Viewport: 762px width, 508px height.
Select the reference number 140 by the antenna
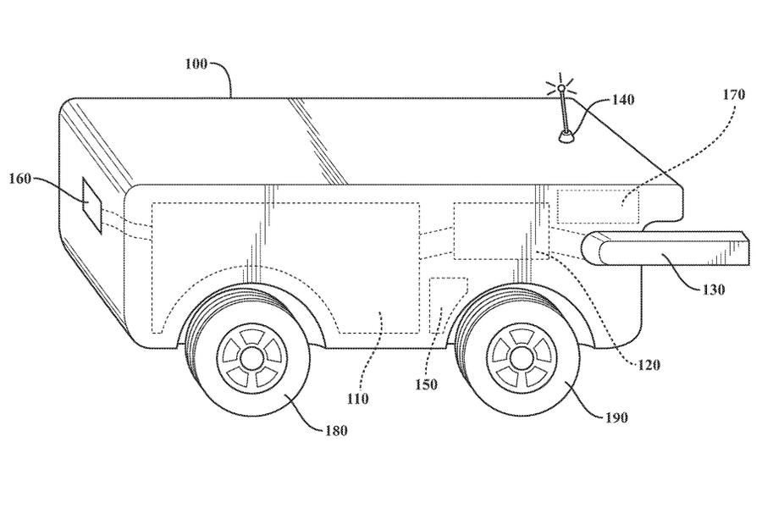621,100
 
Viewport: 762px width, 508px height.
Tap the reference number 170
733,95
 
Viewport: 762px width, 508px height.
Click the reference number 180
336,431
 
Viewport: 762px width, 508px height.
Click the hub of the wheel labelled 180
251,357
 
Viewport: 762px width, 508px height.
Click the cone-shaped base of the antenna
564,135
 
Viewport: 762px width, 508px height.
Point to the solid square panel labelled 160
91,205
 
